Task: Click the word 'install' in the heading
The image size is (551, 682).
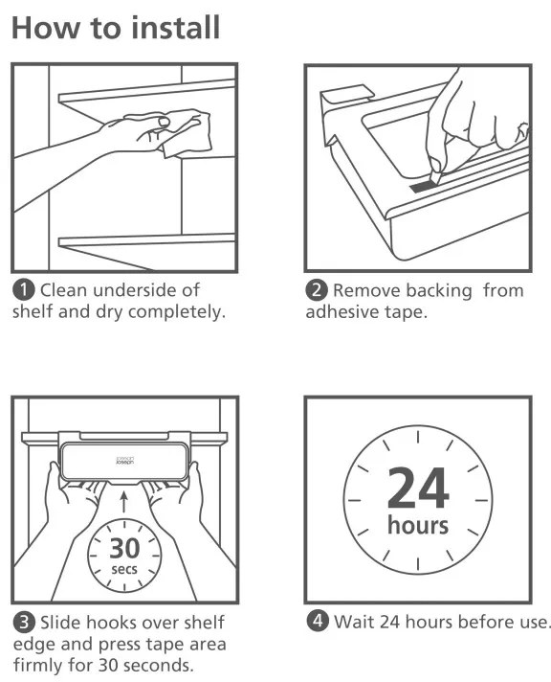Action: point(176,28)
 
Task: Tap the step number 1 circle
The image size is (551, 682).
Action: point(24,290)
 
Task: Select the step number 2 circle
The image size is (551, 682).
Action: point(317,290)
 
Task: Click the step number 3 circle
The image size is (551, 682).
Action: point(24,623)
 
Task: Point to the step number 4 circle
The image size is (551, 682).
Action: point(318,621)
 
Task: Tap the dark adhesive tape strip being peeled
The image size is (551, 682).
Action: point(421,186)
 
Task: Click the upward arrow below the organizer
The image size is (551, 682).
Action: point(124,502)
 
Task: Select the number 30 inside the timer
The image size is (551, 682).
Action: point(124,548)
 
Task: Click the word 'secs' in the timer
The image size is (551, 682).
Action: point(124,569)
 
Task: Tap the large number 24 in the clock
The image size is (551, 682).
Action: point(418,488)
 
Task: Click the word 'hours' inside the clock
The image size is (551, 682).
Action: point(418,525)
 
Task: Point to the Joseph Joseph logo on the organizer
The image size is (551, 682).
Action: point(124,460)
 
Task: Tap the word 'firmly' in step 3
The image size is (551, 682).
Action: point(38,665)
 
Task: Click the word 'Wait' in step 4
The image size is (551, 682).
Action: point(354,622)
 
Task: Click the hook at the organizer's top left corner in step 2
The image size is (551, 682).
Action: point(345,97)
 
